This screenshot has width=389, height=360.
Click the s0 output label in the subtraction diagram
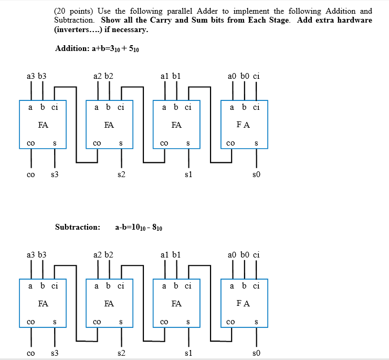click(256, 354)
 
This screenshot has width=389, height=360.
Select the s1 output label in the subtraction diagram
click(188, 354)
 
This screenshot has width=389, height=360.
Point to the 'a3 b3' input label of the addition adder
click(36, 76)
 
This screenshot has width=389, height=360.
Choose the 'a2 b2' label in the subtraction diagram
click(102, 255)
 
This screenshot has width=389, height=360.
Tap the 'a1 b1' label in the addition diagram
click(171, 76)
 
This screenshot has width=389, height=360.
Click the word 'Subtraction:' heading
click(77, 227)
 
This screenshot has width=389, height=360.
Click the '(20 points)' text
click(71, 11)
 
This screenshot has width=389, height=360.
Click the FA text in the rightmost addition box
click(243, 125)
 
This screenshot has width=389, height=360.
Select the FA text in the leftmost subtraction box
click(43, 303)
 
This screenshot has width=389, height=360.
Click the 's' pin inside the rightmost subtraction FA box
click(256, 321)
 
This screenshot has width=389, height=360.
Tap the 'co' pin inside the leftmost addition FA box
click(31, 142)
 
